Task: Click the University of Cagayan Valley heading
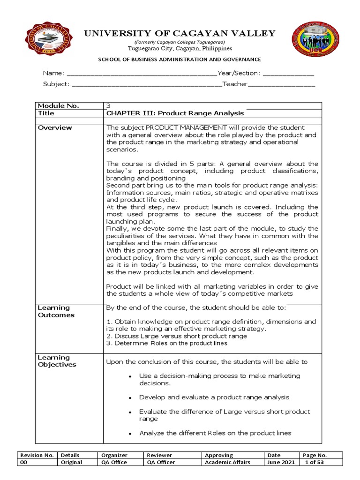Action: [x=180, y=33]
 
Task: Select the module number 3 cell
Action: [x=109, y=106]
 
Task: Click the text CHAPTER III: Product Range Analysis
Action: [x=175, y=113]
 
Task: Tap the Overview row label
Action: [x=55, y=128]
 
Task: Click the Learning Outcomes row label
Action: [x=56, y=311]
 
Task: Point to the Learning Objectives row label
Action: [x=57, y=361]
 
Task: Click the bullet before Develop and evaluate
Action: [x=129, y=398]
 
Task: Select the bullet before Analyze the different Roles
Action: [x=129, y=434]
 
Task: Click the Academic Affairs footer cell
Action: [x=227, y=462]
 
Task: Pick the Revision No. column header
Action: [x=36, y=455]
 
